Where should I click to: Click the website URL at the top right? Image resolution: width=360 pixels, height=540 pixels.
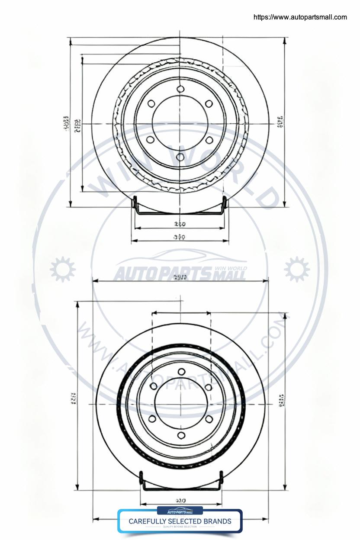(x=300, y=17)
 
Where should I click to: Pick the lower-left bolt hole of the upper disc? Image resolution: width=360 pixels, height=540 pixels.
(x=151, y=140)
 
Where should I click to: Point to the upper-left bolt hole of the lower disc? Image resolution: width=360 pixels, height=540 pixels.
(x=153, y=386)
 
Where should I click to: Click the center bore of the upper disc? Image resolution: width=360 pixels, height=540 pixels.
(x=180, y=123)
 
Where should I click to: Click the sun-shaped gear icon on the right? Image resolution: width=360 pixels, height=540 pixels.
(x=297, y=269)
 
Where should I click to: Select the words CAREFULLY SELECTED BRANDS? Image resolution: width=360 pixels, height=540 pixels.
(x=180, y=521)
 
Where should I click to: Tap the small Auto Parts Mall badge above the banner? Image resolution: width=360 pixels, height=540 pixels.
(x=180, y=511)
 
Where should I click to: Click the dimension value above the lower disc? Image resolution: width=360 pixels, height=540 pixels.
(x=180, y=277)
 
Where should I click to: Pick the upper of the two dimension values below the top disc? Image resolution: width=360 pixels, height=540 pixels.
(x=179, y=224)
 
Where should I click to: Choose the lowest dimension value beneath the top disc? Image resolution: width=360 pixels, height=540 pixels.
(x=179, y=237)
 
